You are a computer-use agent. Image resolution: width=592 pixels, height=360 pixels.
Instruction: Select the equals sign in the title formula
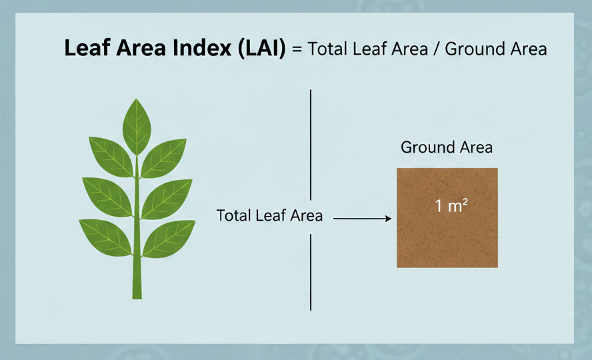(x=297, y=49)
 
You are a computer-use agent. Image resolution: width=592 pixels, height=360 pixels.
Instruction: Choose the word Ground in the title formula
(x=477, y=49)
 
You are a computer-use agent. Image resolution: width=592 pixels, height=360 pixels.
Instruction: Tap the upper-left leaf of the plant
(x=111, y=155)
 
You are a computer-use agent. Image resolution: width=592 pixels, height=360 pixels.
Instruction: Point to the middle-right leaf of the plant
(x=167, y=198)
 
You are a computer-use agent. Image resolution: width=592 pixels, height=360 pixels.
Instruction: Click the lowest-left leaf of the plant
(x=105, y=237)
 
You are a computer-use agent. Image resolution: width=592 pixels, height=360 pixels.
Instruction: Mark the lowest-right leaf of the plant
(x=169, y=238)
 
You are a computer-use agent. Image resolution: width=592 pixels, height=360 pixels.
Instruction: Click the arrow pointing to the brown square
(x=361, y=217)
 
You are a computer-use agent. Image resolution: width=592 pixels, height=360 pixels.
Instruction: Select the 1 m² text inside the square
(x=451, y=206)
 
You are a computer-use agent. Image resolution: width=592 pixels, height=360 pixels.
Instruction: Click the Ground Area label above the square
(x=446, y=147)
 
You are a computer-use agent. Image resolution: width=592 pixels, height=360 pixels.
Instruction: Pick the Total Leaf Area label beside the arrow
(x=269, y=215)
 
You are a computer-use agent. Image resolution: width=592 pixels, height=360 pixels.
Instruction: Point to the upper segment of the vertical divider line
(x=311, y=140)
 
